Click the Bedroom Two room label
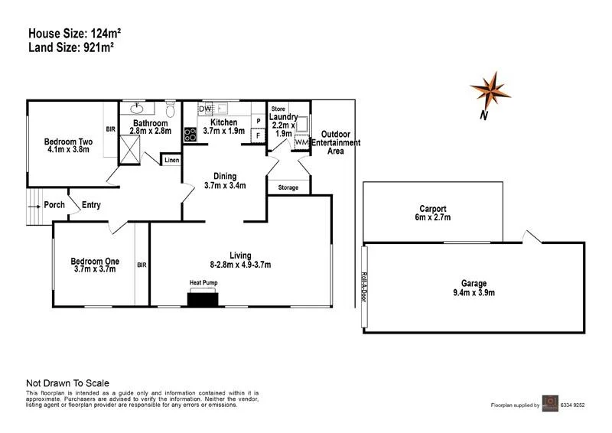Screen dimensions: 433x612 (x=67, y=145)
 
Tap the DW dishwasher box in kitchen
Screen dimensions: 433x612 (x=205, y=109)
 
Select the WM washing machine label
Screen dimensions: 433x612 (x=301, y=142)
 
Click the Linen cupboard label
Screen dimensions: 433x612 (x=171, y=160)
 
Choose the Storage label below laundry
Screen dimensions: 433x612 (x=288, y=187)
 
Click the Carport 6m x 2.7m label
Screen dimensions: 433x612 (x=433, y=213)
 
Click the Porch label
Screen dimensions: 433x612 (x=54, y=204)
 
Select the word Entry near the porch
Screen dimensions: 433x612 (x=91, y=204)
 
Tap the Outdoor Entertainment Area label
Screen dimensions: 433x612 (x=336, y=142)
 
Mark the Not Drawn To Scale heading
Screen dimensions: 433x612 (x=68, y=383)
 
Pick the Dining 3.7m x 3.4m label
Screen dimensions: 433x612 (x=225, y=181)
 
